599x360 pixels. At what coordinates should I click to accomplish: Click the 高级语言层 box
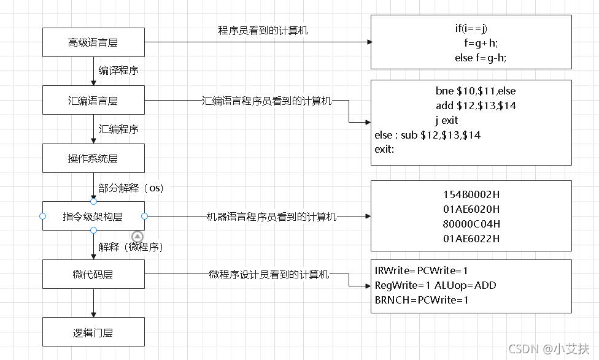93,42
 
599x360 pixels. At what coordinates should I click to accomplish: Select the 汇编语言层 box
93,100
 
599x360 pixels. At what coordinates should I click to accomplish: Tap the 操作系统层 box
93,158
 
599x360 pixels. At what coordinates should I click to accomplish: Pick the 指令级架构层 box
93,216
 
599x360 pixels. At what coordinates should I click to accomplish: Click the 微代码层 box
93,274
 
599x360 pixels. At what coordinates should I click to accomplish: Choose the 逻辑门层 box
93,332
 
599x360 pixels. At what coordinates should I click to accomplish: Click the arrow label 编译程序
118,71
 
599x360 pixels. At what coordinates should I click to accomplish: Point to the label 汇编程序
118,129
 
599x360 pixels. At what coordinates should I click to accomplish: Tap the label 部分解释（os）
131,188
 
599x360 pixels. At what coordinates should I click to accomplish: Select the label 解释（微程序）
131,247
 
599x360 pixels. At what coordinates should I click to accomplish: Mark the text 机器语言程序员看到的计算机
271,216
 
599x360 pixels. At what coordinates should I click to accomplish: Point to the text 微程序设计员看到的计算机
269,274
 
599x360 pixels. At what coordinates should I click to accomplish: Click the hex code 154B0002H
471,194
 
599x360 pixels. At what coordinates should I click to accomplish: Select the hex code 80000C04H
471,224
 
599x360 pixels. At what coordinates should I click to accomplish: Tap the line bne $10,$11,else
476,91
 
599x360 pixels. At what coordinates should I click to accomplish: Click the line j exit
447,120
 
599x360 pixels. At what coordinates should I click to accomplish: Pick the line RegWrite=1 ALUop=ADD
435,285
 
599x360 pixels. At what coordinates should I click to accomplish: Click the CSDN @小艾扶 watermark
549,348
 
